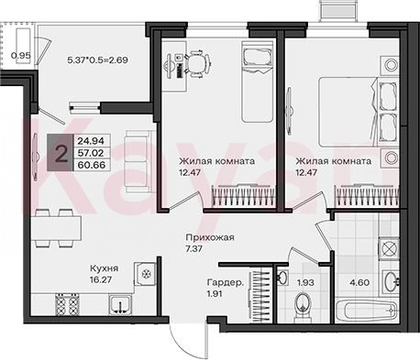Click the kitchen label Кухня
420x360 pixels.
tap(104, 268)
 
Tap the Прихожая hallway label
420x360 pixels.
tap(210, 237)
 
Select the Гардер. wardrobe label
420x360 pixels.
tap(226, 282)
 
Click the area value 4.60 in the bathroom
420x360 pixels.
tap(359, 282)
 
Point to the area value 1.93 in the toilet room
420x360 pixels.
tap(305, 282)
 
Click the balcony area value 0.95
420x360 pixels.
tap(20, 56)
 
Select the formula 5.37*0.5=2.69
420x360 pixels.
tap(97, 60)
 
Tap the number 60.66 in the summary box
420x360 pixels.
tap(92, 165)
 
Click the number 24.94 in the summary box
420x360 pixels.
tap(91, 141)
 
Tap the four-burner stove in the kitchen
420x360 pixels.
tap(67, 304)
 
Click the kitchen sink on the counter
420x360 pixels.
tap(120, 305)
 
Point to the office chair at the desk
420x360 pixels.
tap(199, 64)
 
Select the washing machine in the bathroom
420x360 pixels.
tap(389, 248)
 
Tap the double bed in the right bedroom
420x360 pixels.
tap(359, 112)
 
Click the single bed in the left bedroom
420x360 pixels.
tap(257, 82)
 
